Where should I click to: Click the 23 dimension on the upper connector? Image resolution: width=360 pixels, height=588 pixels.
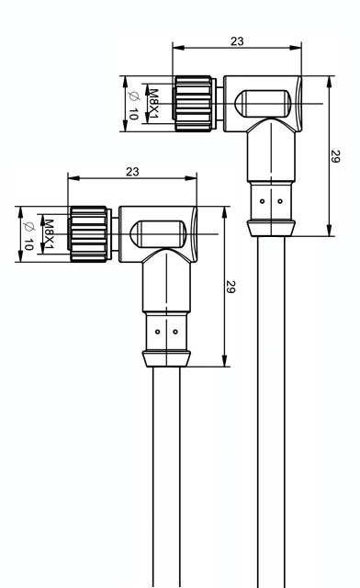pos(237,40)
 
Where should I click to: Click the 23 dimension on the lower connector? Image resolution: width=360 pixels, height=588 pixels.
pos(132,172)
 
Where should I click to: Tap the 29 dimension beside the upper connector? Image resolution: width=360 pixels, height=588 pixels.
pos(335,156)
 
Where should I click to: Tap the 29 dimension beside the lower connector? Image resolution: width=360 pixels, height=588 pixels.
pos(231,287)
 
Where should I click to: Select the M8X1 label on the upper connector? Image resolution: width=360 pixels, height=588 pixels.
pos(153,104)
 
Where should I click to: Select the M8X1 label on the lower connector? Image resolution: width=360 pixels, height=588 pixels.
pos(49,234)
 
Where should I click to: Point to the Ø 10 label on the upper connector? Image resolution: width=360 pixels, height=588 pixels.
pos(134,105)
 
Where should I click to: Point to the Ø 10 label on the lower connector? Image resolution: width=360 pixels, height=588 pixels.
pos(28,236)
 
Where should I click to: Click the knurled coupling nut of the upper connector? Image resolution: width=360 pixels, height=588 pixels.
pos(194,104)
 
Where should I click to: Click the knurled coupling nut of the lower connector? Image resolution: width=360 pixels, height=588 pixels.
pos(89,234)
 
